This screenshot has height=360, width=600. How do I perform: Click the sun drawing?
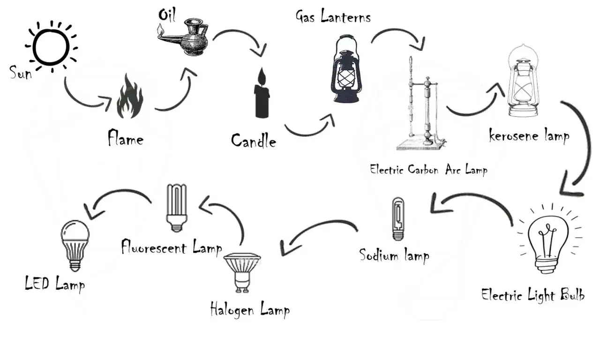[51, 45]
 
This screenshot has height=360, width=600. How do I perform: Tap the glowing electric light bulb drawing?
[547, 239]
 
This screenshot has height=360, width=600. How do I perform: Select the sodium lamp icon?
[397, 218]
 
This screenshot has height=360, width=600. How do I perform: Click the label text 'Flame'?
[125, 138]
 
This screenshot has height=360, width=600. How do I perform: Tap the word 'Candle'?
[254, 140]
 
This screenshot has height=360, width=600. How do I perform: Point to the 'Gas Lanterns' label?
[333, 17]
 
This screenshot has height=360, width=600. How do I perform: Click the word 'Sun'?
[21, 73]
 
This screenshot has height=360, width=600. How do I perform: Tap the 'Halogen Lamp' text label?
[250, 310]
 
